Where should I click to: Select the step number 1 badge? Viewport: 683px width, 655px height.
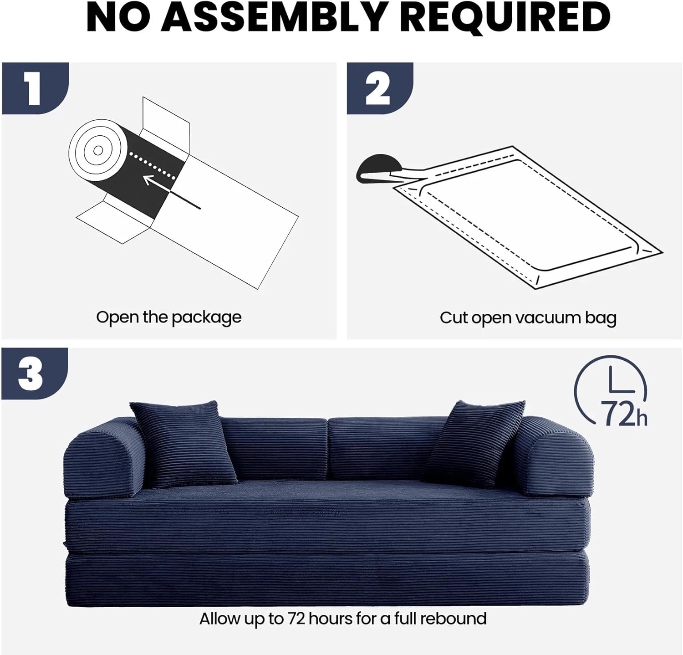click(x=35, y=88)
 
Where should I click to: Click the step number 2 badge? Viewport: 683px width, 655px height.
click(x=380, y=88)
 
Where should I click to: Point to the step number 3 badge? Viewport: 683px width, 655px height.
click(x=35, y=374)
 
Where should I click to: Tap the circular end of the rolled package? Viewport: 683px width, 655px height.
click(x=98, y=150)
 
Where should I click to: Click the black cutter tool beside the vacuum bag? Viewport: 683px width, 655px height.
click(x=379, y=168)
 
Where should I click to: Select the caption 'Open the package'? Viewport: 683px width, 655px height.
click(x=169, y=317)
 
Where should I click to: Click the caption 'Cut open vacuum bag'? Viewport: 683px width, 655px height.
click(x=528, y=318)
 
